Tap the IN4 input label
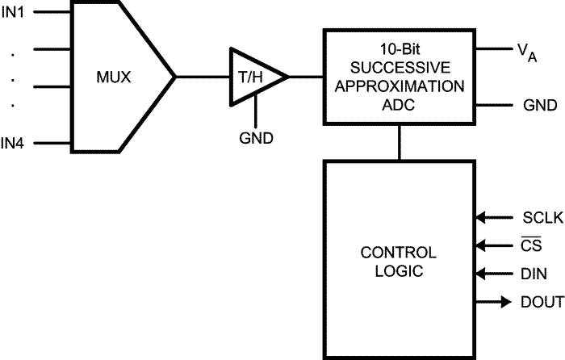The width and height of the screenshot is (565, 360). (x=14, y=144)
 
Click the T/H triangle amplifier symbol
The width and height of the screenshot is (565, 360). (x=255, y=77)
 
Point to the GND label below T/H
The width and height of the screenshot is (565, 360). (x=256, y=136)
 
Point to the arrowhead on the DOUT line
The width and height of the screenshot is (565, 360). (x=505, y=302)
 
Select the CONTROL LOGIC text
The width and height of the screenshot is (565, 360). (x=398, y=260)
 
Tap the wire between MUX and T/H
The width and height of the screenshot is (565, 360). (x=202, y=77)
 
